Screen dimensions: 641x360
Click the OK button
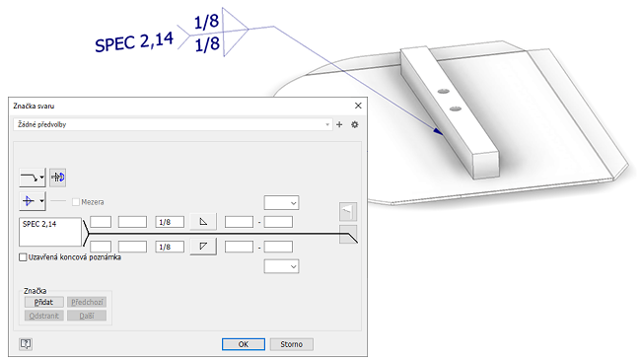(x=244, y=344)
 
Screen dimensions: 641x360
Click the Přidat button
(x=43, y=302)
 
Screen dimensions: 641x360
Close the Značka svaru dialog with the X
(x=358, y=106)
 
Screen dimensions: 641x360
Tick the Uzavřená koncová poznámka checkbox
(x=23, y=257)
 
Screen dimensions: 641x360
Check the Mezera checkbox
(x=76, y=202)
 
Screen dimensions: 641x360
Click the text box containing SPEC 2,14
(x=50, y=232)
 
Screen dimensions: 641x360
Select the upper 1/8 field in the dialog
(x=170, y=222)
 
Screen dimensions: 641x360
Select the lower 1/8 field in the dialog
(x=170, y=247)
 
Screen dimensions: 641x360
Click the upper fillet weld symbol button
(x=203, y=222)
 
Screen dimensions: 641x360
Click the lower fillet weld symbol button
(x=203, y=247)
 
